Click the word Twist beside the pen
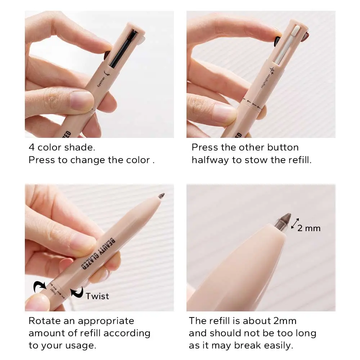click(97, 296)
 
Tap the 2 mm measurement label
click(309, 228)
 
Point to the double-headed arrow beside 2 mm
click(295, 224)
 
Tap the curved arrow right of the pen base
click(77, 292)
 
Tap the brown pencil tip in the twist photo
click(162, 196)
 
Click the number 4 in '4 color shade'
click(31, 148)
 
